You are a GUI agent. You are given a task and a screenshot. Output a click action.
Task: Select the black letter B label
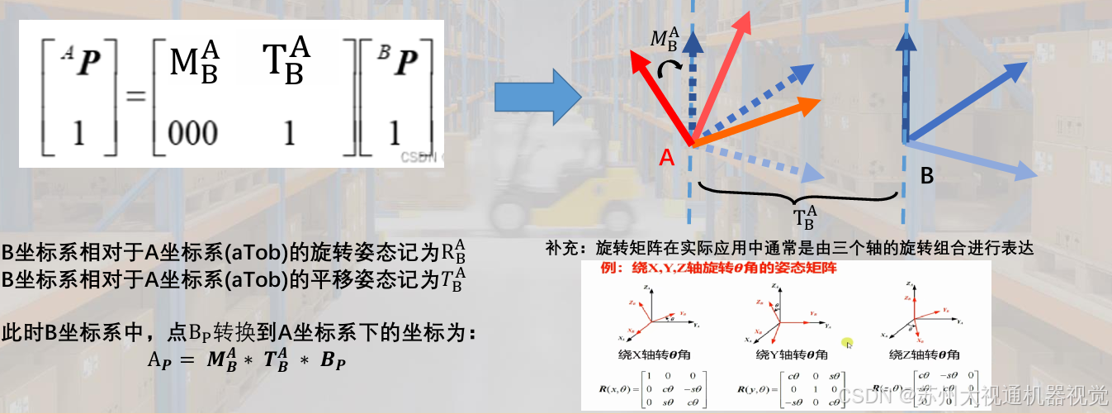tap(927, 176)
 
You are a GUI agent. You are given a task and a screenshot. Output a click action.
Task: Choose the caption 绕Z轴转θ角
tap(925, 355)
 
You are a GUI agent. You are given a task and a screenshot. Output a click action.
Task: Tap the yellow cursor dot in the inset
tap(846, 343)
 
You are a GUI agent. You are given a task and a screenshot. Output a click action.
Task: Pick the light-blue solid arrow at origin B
tap(974, 159)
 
